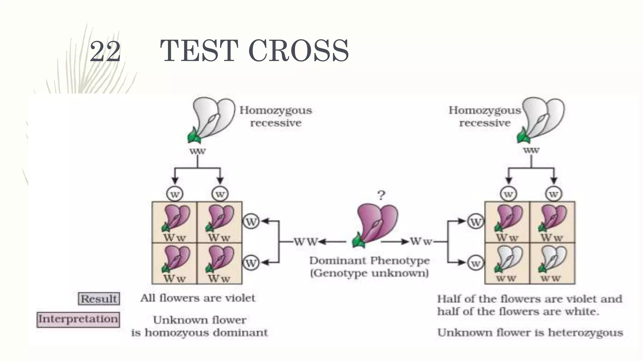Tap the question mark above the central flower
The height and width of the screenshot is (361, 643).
point(381,196)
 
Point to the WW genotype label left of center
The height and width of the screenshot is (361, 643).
point(306,242)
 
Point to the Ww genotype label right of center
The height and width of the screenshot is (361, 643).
point(421,242)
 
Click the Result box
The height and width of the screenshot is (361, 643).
point(99,299)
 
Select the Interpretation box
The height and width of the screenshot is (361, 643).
point(78,319)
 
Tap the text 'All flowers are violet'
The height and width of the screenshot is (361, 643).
point(198,298)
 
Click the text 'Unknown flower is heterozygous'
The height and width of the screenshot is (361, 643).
point(530,332)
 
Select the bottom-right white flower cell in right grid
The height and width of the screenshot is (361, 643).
point(552,264)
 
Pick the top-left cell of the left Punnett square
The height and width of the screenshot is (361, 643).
point(175,222)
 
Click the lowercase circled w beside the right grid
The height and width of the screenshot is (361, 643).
point(475,264)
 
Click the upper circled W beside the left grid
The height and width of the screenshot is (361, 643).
point(251,222)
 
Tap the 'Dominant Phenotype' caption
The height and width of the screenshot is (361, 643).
point(369,261)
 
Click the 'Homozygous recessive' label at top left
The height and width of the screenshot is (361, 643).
point(276,117)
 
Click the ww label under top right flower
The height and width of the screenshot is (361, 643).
point(531,150)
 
